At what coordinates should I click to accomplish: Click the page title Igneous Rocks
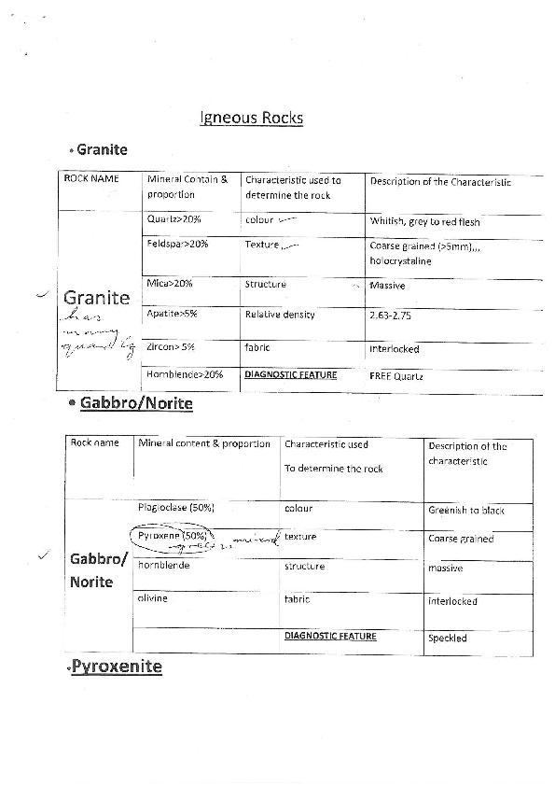(252, 119)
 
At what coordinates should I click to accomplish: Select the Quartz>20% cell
(173, 219)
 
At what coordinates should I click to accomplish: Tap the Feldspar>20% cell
(177, 244)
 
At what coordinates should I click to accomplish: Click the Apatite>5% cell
(172, 314)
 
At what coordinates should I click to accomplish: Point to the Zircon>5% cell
(171, 347)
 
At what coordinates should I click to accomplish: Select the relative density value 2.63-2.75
(390, 316)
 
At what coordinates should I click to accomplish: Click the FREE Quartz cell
(395, 376)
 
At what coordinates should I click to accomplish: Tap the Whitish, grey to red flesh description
(424, 222)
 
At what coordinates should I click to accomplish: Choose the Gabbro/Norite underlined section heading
(136, 403)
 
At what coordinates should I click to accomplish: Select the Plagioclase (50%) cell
(176, 508)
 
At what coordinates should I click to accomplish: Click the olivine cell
(153, 598)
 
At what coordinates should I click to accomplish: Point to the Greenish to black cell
(466, 511)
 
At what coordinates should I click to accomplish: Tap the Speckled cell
(448, 639)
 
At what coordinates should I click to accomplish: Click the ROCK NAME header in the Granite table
(90, 178)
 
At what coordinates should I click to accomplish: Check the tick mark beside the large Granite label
(40, 295)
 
